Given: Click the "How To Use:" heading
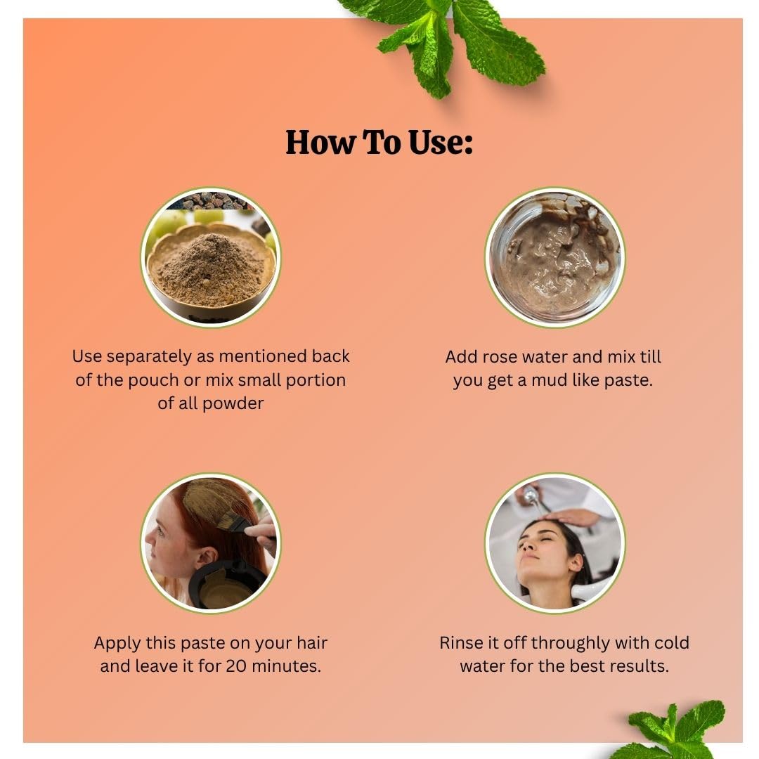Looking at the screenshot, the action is (379, 142).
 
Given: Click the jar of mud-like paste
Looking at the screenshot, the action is (554, 257).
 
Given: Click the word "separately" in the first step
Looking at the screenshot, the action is (149, 357).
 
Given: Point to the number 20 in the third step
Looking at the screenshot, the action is (237, 666).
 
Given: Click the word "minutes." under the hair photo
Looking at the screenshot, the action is (287, 666).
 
